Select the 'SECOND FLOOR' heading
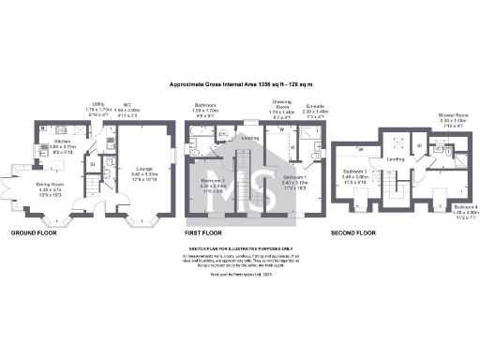tap(352, 232)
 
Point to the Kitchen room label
tap(61, 145)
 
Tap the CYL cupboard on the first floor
tap(222, 134)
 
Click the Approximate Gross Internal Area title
tap(239, 85)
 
